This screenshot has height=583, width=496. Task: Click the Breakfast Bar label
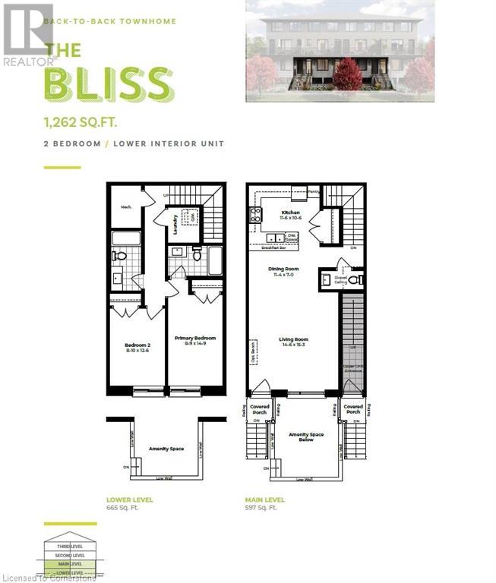[x=272, y=248]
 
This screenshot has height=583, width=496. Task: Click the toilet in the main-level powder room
[x=352, y=279]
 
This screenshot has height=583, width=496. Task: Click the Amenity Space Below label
[x=305, y=438]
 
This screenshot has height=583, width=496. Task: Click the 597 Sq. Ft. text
[x=262, y=508]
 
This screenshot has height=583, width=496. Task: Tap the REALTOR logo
[x=28, y=34]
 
